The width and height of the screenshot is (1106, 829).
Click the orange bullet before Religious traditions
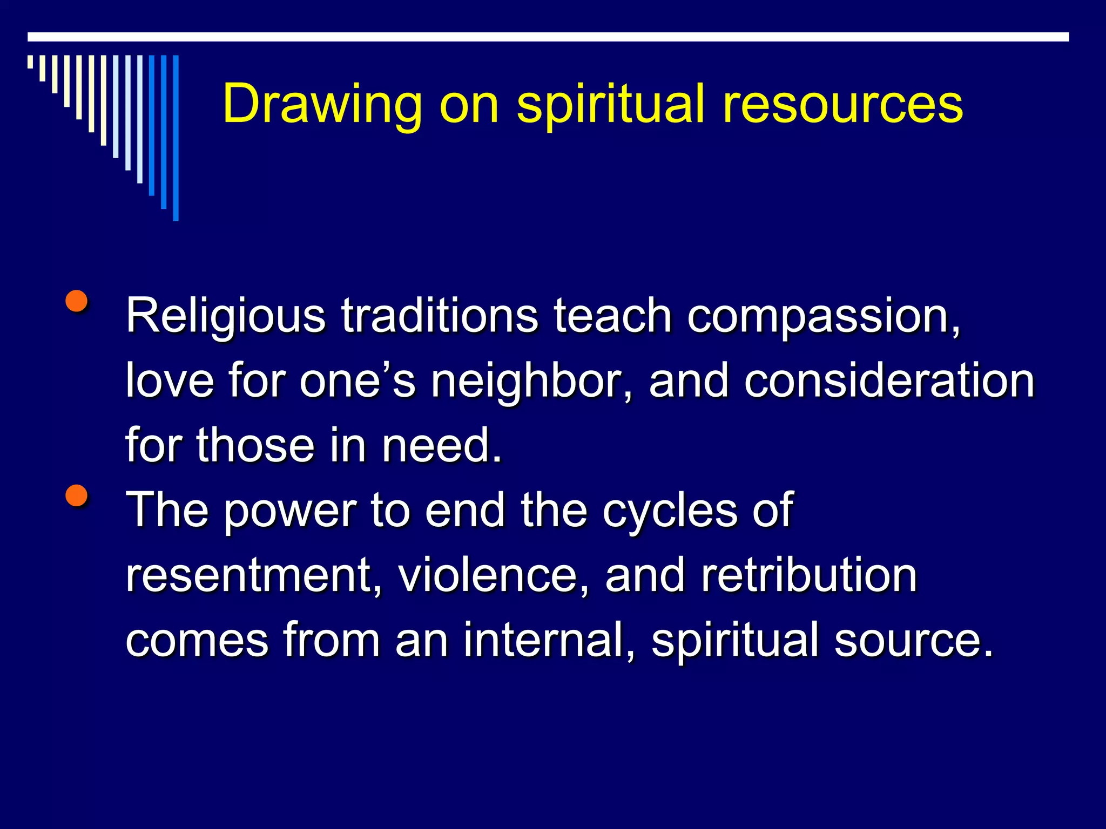[77, 302]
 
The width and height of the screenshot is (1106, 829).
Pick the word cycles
[670, 511]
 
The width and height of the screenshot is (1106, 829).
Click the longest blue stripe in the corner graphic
[176, 138]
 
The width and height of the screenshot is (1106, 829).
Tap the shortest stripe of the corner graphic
[30, 62]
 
